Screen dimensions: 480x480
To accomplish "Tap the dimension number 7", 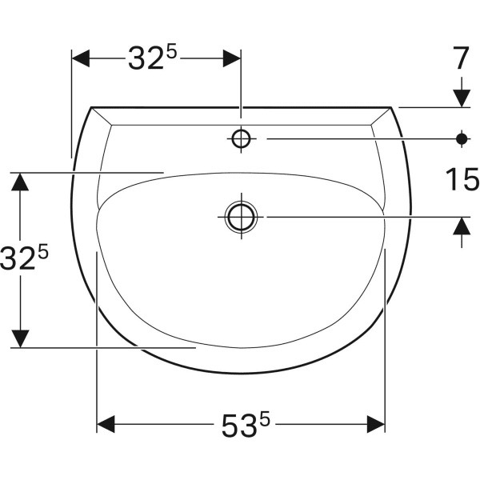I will [460, 58].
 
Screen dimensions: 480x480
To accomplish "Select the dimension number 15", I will [461, 180].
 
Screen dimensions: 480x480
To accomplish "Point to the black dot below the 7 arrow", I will [461, 138].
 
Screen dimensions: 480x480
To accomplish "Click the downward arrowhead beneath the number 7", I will [461, 97].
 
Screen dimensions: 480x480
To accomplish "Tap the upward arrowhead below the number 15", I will [461, 227].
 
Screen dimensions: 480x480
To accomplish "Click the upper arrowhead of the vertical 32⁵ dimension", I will [21, 182].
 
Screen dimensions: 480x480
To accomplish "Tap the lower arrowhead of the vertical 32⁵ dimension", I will [21, 338].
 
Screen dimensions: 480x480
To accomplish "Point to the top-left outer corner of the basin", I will [91, 107].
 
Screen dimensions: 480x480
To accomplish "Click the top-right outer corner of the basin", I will [391, 107].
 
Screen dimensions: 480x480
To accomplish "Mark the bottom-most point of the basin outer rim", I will [241, 374].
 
